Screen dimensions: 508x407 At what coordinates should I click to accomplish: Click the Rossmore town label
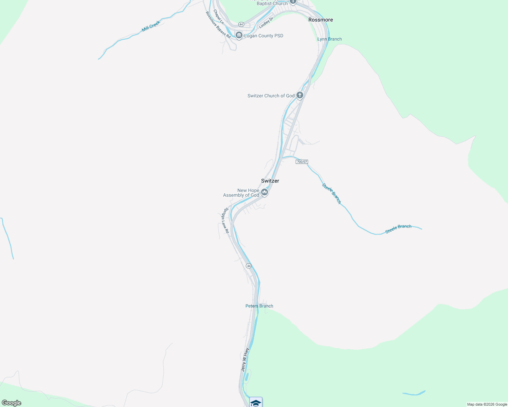(321, 20)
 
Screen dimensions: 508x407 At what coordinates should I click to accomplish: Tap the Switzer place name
(270, 181)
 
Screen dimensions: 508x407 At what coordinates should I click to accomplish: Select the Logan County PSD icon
(239, 36)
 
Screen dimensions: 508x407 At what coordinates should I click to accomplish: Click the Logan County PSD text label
(264, 36)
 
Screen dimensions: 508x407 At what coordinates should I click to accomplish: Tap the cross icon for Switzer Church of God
(300, 95)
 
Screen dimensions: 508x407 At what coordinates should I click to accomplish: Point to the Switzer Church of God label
(271, 96)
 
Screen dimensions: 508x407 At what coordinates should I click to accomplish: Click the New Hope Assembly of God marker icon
(265, 193)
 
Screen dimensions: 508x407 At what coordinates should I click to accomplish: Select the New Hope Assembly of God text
(241, 193)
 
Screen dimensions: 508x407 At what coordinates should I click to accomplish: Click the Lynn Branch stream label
(329, 39)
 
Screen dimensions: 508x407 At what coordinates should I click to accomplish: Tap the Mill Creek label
(151, 26)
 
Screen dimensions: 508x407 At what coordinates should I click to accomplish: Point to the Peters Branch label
(259, 306)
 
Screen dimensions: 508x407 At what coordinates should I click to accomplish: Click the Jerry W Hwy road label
(245, 360)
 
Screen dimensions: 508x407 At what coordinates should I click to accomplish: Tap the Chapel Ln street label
(218, 16)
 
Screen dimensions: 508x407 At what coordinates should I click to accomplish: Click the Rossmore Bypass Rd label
(218, 25)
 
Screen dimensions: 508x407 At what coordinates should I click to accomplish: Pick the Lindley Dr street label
(266, 23)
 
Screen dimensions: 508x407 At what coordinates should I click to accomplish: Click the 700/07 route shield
(302, 162)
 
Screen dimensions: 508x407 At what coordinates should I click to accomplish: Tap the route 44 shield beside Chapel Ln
(241, 24)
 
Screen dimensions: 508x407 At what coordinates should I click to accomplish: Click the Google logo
(12, 403)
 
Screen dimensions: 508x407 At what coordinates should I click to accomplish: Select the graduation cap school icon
(256, 403)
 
